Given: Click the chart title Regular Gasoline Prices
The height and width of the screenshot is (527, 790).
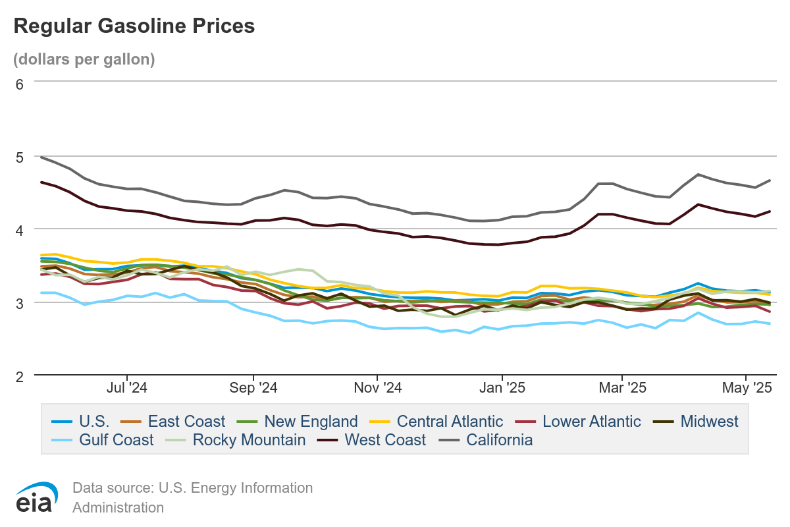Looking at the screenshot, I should (134, 26).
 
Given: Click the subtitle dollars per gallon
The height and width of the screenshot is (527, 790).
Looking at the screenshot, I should (84, 59).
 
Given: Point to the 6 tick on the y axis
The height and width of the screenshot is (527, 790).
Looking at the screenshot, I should (19, 84).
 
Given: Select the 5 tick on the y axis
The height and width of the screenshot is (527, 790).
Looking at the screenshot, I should (19, 157).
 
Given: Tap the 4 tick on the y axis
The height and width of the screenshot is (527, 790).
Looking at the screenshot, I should (19, 230).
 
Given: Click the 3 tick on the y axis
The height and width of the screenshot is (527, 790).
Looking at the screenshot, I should (19, 303).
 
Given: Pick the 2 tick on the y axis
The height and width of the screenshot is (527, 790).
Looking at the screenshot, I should (19, 376).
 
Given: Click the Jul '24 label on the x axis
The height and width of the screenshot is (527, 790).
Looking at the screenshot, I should (126, 388).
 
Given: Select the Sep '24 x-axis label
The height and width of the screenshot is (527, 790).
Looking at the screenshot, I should (253, 388).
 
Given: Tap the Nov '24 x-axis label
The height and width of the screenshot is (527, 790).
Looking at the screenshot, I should (378, 388).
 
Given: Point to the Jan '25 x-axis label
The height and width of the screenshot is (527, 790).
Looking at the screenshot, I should (502, 388).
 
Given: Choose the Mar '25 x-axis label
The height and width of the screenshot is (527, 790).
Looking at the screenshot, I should (623, 388).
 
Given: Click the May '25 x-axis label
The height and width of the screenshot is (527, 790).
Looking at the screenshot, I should (747, 388).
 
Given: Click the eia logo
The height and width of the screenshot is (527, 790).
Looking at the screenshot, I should (34, 497).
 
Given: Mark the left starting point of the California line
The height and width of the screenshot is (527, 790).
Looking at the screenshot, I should (41, 157).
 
